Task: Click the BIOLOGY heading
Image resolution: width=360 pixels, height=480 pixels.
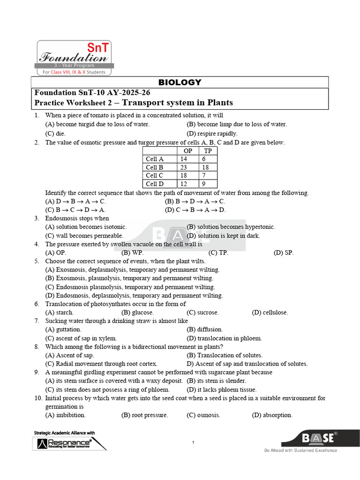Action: click(x=180, y=82)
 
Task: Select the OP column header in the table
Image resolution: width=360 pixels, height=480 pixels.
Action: click(x=187, y=150)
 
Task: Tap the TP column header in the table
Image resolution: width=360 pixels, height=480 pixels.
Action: click(x=208, y=150)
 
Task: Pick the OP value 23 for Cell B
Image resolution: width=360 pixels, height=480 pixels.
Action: click(x=183, y=167)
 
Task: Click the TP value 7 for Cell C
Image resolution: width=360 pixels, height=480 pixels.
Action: click(x=204, y=176)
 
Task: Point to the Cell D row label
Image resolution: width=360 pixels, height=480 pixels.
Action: click(x=155, y=184)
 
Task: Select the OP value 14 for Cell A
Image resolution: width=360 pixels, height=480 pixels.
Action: click(x=183, y=159)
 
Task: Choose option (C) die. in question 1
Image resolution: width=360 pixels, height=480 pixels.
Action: click(x=55, y=133)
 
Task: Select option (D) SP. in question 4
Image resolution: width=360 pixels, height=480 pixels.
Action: click(x=283, y=253)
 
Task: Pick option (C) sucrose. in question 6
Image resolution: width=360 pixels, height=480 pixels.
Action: click(x=202, y=312)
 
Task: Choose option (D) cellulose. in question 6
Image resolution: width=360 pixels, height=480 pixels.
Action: click(x=270, y=312)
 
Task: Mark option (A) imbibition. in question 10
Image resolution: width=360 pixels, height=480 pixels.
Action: click(x=65, y=415)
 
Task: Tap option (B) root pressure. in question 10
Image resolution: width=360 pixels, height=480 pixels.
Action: click(x=144, y=415)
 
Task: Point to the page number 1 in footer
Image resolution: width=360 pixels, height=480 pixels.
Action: click(x=193, y=442)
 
